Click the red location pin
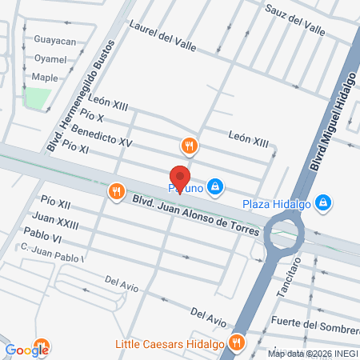[180, 178]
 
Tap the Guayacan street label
[54, 40]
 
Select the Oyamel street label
[50, 58]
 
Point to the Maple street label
[45, 78]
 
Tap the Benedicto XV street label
[102, 135]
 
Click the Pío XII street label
[55, 204]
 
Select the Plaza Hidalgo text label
[278, 203]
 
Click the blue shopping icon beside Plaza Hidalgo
[323, 203]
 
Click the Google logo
[27, 350]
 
